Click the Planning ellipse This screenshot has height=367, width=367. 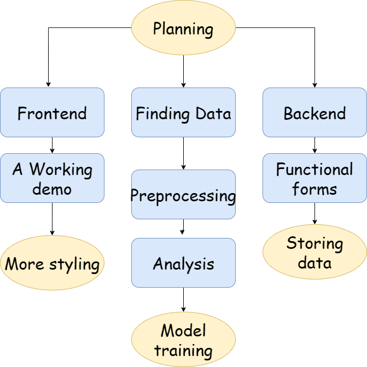pyautogui.click(x=184, y=27)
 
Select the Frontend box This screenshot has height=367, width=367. pyautogui.click(x=52, y=112)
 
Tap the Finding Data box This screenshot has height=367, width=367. pyautogui.click(x=184, y=112)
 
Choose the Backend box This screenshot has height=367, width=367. pyautogui.click(x=314, y=112)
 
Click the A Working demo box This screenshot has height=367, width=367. pyautogui.click(x=52, y=178)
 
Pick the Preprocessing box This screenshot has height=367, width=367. pyautogui.click(x=184, y=195)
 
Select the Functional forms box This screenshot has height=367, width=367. pyautogui.click(x=314, y=178)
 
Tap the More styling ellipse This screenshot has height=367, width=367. pyautogui.click(x=52, y=263)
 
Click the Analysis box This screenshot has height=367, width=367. pyautogui.click(x=184, y=263)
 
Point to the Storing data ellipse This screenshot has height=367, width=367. pyautogui.click(x=314, y=252)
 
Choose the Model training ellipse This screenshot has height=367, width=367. pyautogui.click(x=184, y=340)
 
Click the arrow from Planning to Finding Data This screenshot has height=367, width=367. pyautogui.click(x=184, y=72)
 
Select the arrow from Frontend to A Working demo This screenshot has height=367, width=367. pyautogui.click(x=52, y=145)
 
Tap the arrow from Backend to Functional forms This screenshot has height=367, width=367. pyautogui.click(x=314, y=145)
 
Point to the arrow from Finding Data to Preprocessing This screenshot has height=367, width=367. pyautogui.click(x=184, y=153)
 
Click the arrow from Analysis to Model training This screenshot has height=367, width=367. pyautogui.click(x=184, y=300)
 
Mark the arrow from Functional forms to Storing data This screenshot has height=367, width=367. pyautogui.click(x=314, y=213)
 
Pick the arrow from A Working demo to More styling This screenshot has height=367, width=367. pyautogui.click(x=52, y=219)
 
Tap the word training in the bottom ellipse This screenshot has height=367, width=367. pyautogui.click(x=184, y=351)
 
